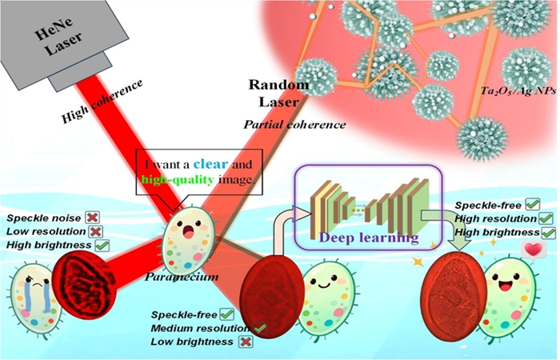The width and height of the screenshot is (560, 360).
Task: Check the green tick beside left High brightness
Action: tap(102, 244)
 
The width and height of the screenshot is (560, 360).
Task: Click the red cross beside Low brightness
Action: tap(236, 342)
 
